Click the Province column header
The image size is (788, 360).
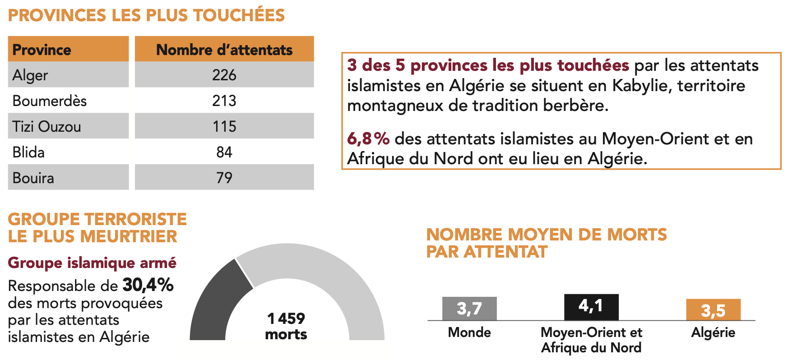[x=42, y=50]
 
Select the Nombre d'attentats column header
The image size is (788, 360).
[x=224, y=50]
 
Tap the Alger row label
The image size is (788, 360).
[x=30, y=75]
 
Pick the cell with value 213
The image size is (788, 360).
[x=224, y=101]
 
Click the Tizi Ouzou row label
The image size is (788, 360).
[x=47, y=126]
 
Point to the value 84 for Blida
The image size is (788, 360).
[x=224, y=152]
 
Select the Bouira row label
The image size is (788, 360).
[x=33, y=178]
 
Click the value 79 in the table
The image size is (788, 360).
[x=224, y=178]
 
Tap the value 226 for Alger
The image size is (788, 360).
[x=224, y=75]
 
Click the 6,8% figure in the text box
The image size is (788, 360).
[x=368, y=138]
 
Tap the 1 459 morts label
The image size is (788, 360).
[x=286, y=326]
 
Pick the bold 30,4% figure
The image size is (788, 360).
[x=148, y=285]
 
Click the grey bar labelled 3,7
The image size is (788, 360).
[x=469, y=309]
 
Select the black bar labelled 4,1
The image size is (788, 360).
[x=591, y=307]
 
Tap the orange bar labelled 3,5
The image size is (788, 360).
[x=713, y=310]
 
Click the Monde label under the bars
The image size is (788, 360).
[x=469, y=332]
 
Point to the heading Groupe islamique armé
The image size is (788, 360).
[x=92, y=263]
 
